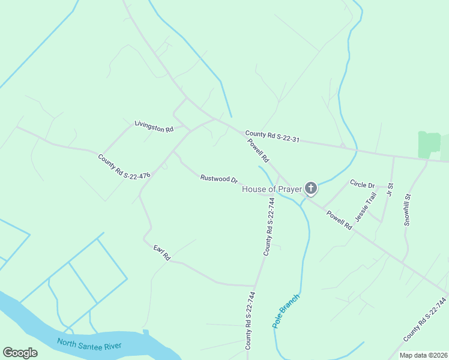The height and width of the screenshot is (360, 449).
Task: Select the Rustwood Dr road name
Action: coord(219,179)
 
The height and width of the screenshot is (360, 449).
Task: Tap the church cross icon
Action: coord(311,189)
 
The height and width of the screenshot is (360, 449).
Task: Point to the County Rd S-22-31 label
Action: coord(271,136)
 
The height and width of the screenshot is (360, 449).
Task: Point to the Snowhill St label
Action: coord(407,209)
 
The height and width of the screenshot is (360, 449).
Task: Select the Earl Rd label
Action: coord(162,253)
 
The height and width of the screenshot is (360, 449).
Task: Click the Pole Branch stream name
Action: coord(286,310)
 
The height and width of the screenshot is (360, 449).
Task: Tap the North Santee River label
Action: coord(89,345)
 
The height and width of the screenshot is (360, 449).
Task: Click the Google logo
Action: coord(20,353)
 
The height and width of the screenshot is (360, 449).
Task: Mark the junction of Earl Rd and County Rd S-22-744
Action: coord(256,286)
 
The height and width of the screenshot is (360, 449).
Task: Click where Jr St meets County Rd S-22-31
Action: coord(394,157)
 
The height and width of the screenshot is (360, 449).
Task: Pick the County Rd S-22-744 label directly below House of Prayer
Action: coord(270,232)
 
